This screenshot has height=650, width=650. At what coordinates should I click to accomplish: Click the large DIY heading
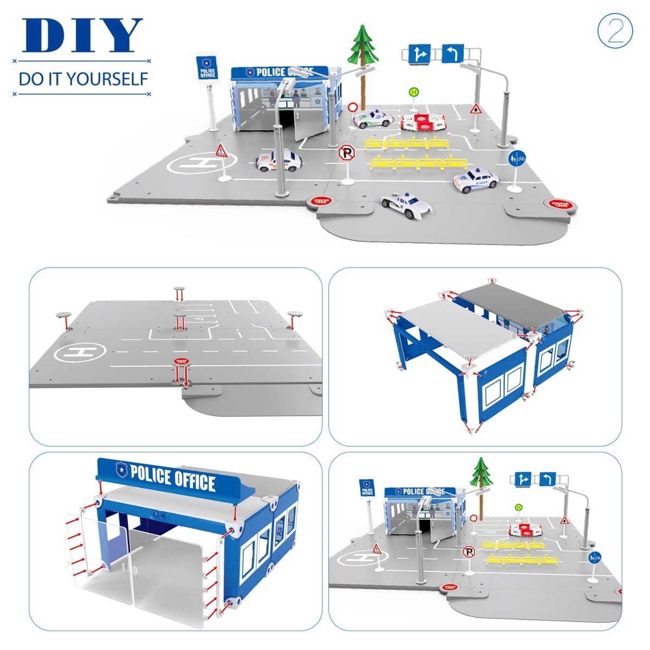[x=82, y=36]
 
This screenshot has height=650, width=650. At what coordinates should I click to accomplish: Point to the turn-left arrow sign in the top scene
[x=452, y=54]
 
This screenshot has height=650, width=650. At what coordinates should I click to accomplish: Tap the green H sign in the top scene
[x=414, y=93]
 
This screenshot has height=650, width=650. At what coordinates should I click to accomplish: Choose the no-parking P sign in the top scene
[x=346, y=153]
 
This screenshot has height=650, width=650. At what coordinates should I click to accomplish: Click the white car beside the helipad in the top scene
[x=278, y=161]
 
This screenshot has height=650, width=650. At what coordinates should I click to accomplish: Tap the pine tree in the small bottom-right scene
[x=482, y=473]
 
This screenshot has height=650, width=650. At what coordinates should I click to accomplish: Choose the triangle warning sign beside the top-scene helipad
[x=220, y=150]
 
